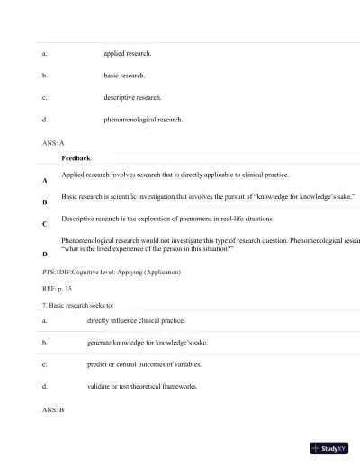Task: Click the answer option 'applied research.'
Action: pyautogui.click(x=128, y=54)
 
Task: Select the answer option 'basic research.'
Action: pyautogui.click(x=124, y=76)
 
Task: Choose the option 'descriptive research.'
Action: pyautogui.click(x=133, y=97)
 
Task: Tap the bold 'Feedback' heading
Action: pyautogui.click(x=76, y=158)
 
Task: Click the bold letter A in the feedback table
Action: pyautogui.click(x=45, y=181)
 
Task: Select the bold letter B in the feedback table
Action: pyautogui.click(x=45, y=203)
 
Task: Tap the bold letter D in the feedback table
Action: pyautogui.click(x=45, y=255)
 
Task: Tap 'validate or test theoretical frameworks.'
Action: pyautogui.click(x=142, y=387)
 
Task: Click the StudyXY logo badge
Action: pyautogui.click(x=331, y=448)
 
